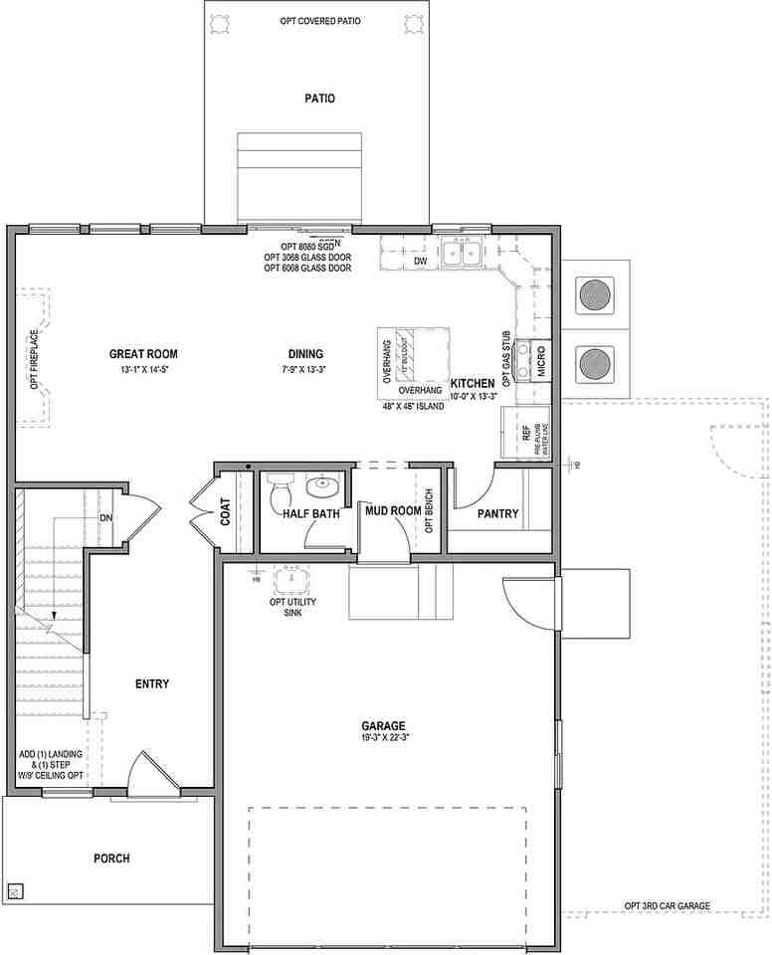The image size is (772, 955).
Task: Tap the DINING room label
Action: [x=305, y=353]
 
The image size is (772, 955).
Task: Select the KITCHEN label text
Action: [x=473, y=383]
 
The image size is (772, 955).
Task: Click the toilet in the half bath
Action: [x=280, y=490]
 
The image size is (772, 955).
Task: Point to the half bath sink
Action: [x=321, y=487]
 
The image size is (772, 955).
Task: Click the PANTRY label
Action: [x=497, y=514]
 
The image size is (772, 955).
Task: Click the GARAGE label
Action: [x=383, y=725]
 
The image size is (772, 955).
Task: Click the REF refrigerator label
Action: [x=526, y=434]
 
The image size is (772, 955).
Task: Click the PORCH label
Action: [x=111, y=859]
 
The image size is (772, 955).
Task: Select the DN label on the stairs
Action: [x=105, y=518]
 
